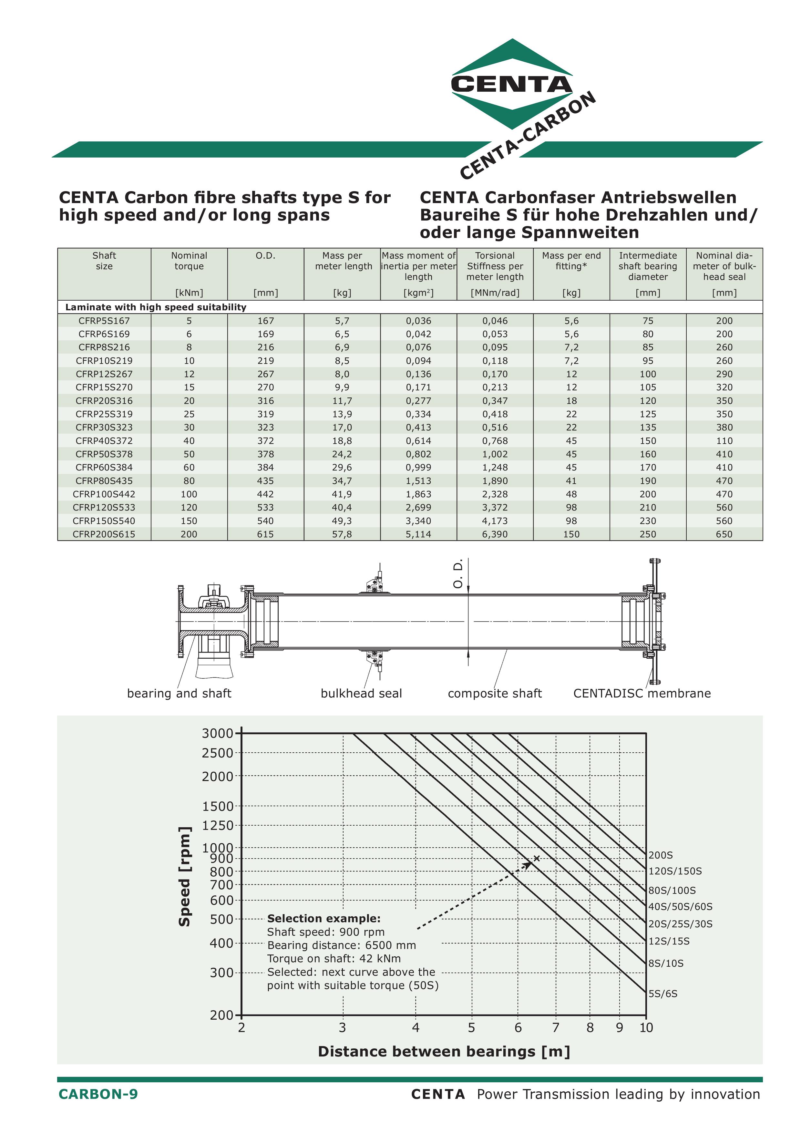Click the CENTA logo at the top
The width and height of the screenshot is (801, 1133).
click(x=512, y=84)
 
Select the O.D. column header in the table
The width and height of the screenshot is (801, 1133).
click(x=265, y=256)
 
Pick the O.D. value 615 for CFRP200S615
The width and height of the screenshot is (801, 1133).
click(x=265, y=534)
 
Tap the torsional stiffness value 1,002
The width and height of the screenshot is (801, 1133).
click(x=495, y=454)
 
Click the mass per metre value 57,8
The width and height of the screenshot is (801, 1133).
click(x=342, y=534)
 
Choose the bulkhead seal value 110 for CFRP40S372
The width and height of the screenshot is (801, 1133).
click(x=724, y=441)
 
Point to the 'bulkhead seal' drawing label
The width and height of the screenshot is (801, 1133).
click(x=361, y=693)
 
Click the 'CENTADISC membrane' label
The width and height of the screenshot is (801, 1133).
click(x=642, y=693)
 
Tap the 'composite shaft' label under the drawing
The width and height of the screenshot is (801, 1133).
click(x=495, y=693)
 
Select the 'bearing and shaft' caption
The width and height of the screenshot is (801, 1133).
click(x=179, y=693)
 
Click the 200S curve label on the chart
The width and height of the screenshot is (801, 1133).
click(x=660, y=855)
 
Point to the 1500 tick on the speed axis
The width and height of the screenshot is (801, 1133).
click(x=217, y=806)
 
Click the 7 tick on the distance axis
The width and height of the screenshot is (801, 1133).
click(x=556, y=1028)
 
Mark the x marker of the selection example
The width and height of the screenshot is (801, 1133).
click(x=537, y=859)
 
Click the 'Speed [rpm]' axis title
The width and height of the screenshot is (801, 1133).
click(x=185, y=876)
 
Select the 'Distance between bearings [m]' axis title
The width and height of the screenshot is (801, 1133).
click(x=444, y=1052)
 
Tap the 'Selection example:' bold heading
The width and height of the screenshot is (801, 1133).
click(x=324, y=918)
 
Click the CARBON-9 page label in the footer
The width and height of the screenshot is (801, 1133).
click(x=98, y=1094)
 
